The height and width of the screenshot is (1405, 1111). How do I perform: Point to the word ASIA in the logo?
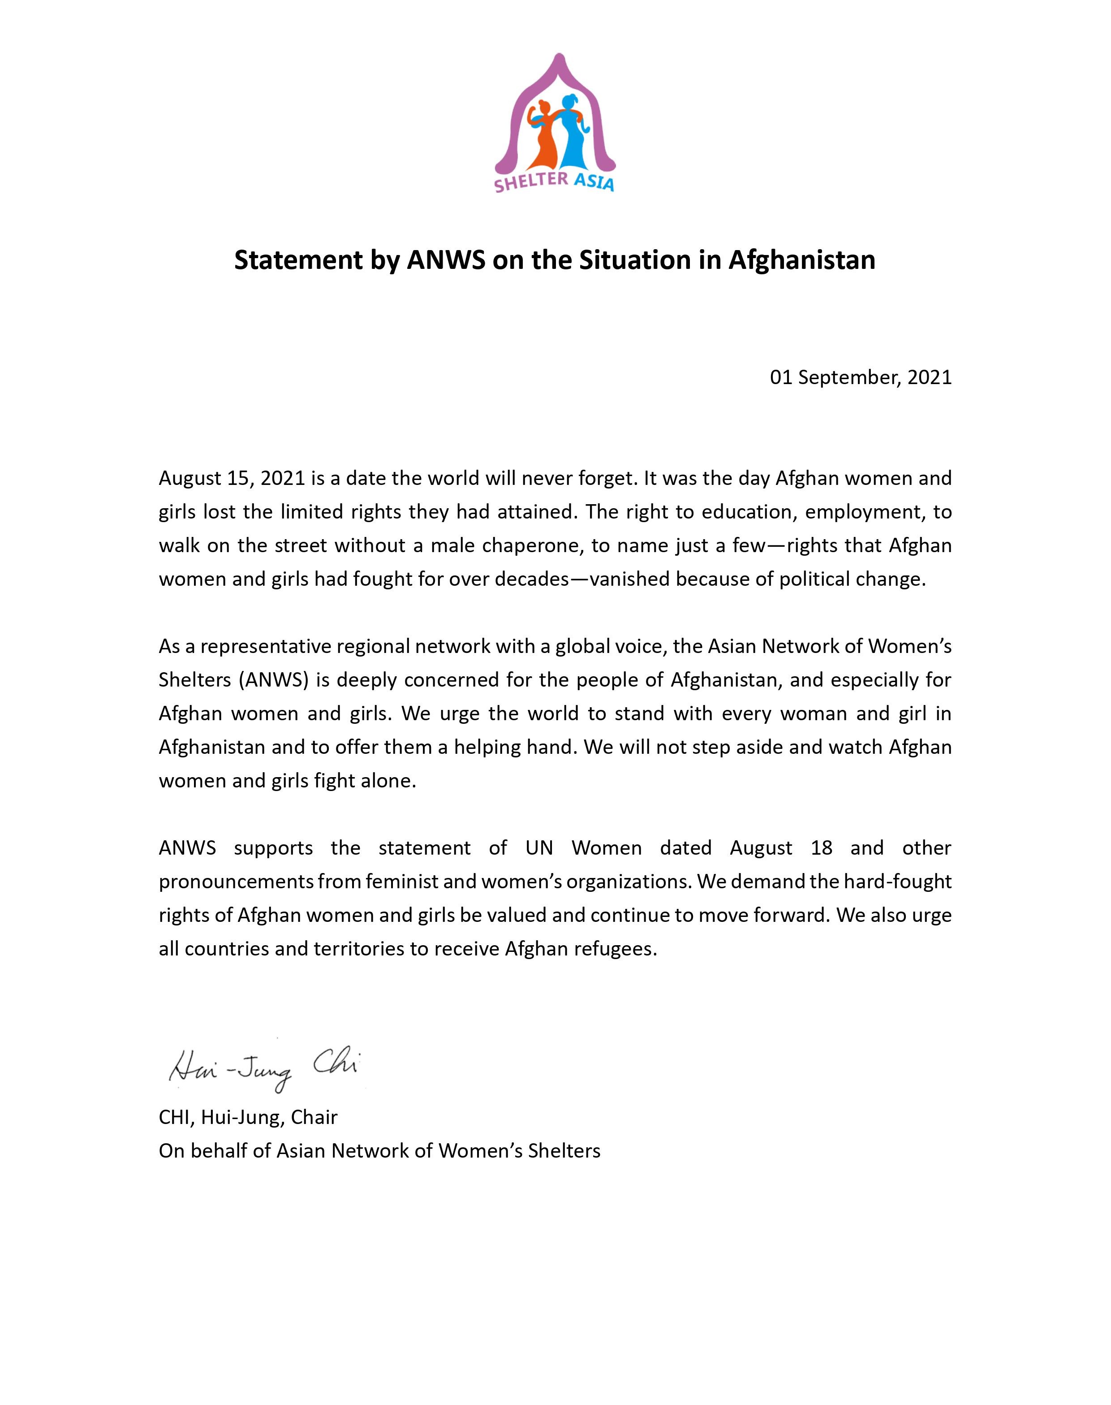593,183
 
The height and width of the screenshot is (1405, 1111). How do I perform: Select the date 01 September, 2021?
861,377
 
